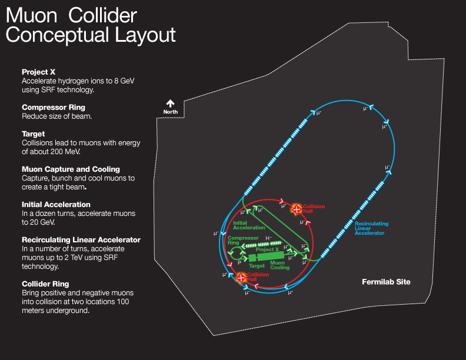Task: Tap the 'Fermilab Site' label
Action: coord(385,282)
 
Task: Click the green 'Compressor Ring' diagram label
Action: coord(240,240)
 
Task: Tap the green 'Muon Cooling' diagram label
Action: coord(279,265)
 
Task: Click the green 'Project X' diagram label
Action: coord(267,249)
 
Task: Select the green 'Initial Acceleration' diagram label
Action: coord(249,225)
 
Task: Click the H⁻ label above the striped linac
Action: coord(269,238)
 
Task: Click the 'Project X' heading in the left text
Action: coord(38,72)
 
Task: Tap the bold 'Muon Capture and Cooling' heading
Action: coord(71,169)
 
